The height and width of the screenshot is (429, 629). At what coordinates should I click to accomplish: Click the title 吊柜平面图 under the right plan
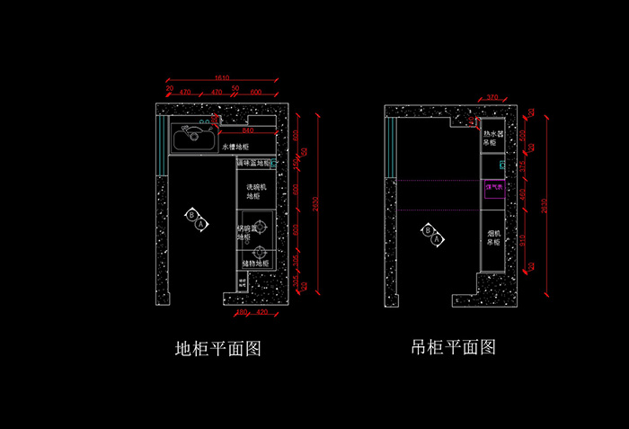453,347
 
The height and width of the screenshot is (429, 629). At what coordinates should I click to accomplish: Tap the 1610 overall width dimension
223,78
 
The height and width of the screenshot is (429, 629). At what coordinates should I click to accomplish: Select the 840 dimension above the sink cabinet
247,130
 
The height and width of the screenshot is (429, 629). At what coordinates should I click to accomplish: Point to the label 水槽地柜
235,146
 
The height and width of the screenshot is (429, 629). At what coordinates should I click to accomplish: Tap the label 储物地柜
255,264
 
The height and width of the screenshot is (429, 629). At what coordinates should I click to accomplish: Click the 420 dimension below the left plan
262,312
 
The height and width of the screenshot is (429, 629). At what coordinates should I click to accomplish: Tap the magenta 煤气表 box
493,187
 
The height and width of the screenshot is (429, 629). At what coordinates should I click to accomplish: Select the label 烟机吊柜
493,237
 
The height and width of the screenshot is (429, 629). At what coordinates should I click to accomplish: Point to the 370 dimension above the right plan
492,97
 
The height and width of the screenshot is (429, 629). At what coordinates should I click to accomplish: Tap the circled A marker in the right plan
437,240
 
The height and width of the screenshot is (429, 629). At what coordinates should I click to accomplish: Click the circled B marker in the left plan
190,213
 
